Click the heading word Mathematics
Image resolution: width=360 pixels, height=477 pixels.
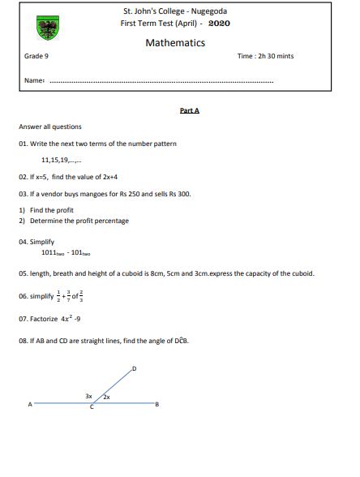[x=175, y=43]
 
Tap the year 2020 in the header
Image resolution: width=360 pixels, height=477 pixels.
[x=219, y=23]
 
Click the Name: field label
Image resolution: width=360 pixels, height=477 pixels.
[x=34, y=80]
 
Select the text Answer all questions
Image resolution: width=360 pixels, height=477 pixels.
[x=49, y=127]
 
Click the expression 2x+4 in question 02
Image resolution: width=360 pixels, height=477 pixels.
[x=109, y=176]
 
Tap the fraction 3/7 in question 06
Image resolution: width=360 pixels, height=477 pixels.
[x=67, y=295]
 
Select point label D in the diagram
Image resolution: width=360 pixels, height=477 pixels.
[x=135, y=369]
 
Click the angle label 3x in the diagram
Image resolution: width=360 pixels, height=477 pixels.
[x=88, y=395]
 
